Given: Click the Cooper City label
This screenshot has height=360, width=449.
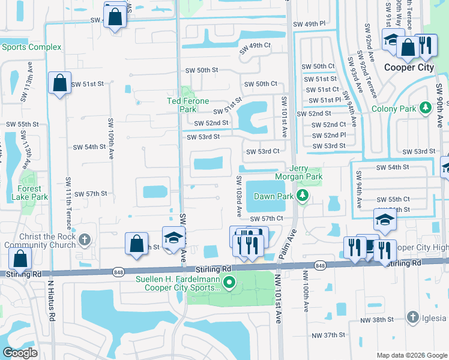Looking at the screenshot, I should click(x=408, y=67).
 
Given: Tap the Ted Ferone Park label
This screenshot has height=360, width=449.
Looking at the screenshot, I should click(x=190, y=105).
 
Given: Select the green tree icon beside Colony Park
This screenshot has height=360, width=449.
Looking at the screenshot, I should click(x=426, y=108).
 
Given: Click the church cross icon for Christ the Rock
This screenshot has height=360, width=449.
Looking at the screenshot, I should click(x=85, y=240).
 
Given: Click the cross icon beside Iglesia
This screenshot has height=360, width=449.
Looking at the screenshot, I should click(x=412, y=317).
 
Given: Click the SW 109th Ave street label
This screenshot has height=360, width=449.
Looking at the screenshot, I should click(x=111, y=137).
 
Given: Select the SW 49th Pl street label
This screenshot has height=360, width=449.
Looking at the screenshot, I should click(x=309, y=24).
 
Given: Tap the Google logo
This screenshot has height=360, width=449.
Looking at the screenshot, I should click(x=20, y=353).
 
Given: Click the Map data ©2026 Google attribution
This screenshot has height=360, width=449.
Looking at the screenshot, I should click(x=411, y=355).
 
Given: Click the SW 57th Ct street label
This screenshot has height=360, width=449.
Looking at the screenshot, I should click(x=266, y=219).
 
